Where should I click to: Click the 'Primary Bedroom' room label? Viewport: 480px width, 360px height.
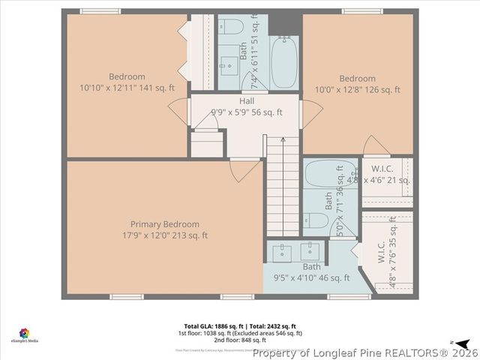(165, 224)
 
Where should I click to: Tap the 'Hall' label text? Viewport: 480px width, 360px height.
(246, 101)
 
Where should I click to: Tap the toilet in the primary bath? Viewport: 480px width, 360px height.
(316, 220)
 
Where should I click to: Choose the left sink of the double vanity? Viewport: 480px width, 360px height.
(283, 250)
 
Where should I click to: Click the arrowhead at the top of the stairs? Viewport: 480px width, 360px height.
(282, 138)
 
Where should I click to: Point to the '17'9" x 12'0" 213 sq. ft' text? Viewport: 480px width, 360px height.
(165, 235)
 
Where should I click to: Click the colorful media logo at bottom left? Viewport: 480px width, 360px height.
(25, 332)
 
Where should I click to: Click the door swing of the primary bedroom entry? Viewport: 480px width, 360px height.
(241, 170)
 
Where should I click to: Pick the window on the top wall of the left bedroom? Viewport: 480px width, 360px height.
(100, 10)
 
